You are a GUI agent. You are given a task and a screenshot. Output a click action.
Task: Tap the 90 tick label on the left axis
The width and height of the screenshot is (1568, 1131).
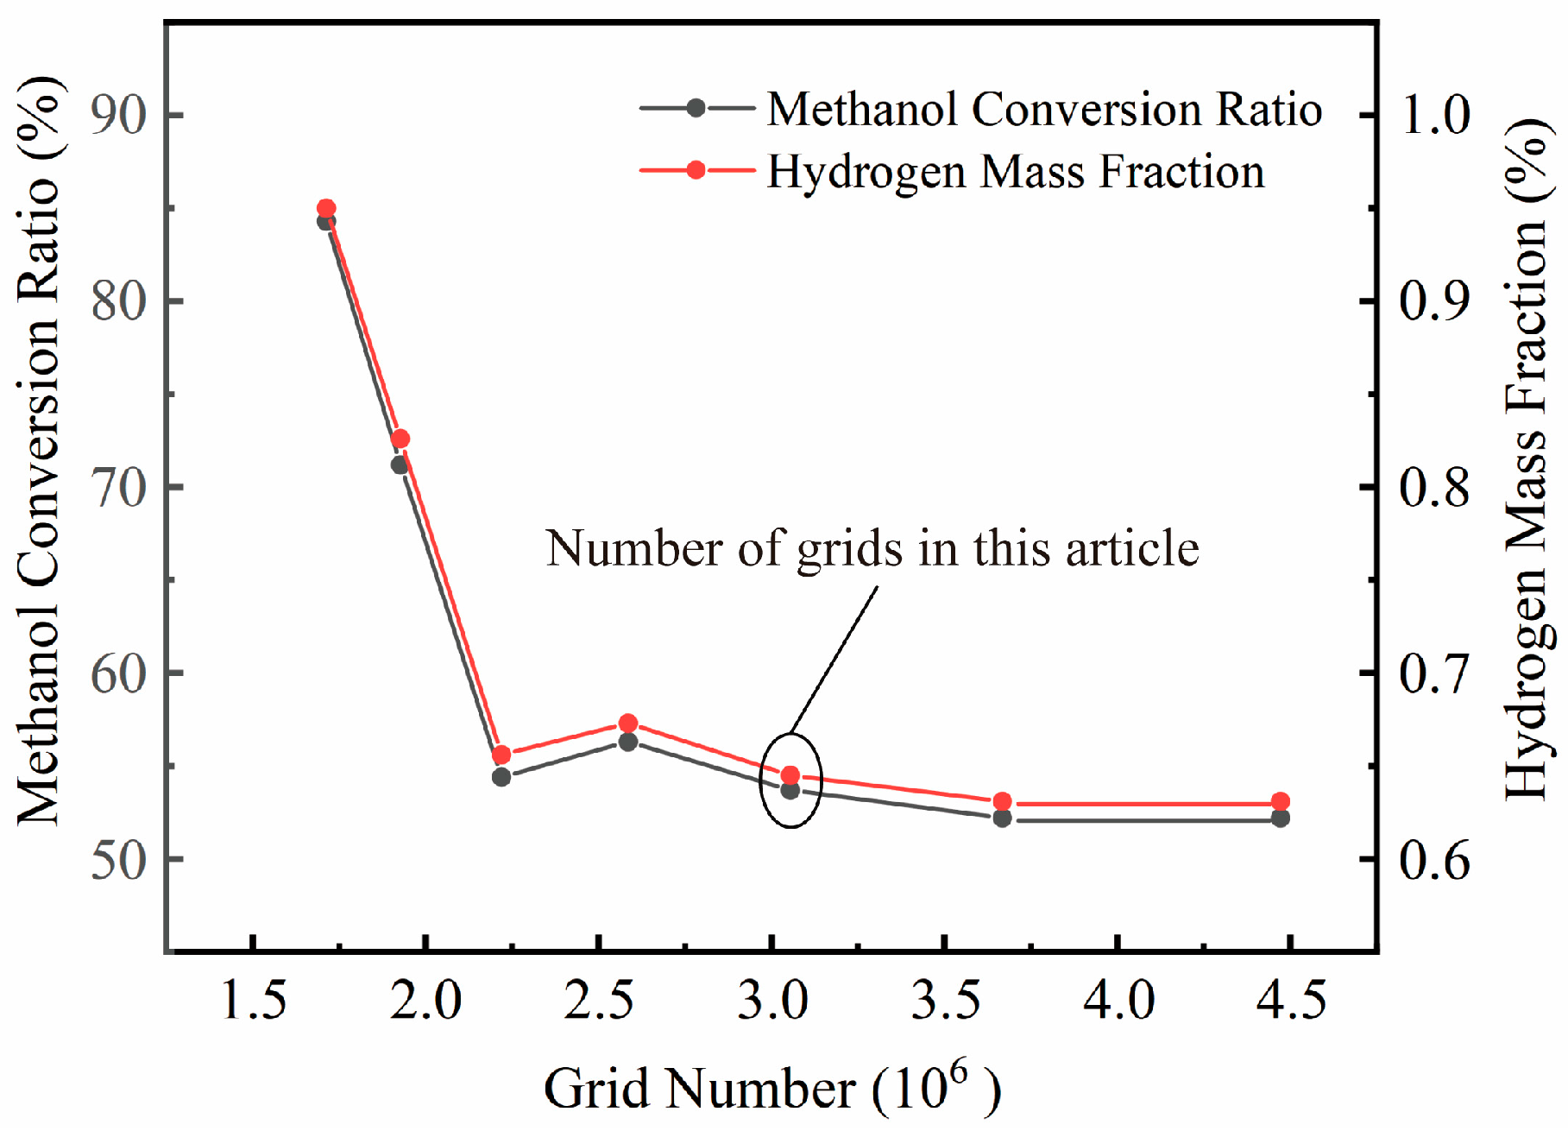[119, 115]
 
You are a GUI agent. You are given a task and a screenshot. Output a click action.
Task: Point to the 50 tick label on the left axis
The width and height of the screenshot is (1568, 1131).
[119, 860]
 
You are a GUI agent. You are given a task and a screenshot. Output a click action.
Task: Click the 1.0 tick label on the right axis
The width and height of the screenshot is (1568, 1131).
[1435, 115]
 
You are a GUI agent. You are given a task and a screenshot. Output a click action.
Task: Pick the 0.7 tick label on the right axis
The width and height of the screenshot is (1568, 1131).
[1435, 673]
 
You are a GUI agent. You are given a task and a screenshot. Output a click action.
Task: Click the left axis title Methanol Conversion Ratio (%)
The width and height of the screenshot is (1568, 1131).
[39, 449]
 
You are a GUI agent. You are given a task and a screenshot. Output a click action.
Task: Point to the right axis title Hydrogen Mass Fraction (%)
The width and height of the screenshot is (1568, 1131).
[1529, 458]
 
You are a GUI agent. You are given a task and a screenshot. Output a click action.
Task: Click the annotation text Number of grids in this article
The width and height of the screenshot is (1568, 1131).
[872, 549]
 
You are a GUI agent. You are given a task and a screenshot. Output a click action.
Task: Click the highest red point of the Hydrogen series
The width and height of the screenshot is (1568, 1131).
[326, 208]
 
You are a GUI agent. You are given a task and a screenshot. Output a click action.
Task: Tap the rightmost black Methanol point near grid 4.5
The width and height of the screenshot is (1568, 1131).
[1281, 818]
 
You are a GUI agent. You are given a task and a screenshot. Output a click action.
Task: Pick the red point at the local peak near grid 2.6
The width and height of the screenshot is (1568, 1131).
[628, 723]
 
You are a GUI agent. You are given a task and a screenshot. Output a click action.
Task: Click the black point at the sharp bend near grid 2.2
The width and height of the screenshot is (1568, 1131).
[501, 777]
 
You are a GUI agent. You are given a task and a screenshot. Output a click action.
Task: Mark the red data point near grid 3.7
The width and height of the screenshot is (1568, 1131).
[1002, 802]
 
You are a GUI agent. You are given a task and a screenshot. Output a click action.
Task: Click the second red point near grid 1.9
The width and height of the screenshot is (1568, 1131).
[400, 439]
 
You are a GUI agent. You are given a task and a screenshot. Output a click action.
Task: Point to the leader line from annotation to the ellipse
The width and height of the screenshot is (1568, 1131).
[833, 660]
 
